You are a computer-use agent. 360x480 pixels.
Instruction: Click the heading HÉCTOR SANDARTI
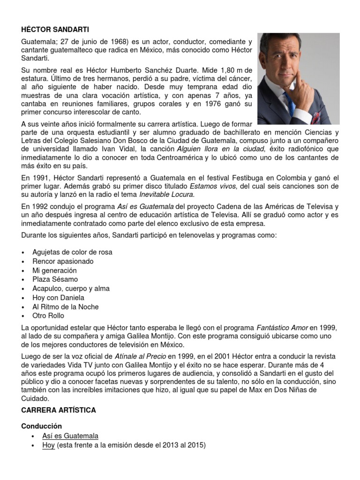click(x=49, y=29)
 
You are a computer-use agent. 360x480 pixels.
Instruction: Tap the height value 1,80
click(x=215, y=70)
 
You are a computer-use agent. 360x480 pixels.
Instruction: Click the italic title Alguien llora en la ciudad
click(x=225, y=149)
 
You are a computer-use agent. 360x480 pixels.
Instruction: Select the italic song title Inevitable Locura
click(x=165, y=195)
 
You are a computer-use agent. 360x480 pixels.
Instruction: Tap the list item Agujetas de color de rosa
click(x=72, y=252)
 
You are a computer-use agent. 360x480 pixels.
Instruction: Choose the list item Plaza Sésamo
click(x=55, y=279)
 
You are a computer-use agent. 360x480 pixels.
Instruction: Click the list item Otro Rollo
click(x=49, y=315)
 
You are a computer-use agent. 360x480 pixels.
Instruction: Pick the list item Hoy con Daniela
click(x=59, y=298)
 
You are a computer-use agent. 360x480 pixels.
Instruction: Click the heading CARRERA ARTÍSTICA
click(x=59, y=410)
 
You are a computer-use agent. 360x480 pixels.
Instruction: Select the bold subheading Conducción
click(x=42, y=426)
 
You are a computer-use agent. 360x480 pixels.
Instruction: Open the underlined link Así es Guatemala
click(x=70, y=436)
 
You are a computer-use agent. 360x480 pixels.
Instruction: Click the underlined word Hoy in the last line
click(x=48, y=445)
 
